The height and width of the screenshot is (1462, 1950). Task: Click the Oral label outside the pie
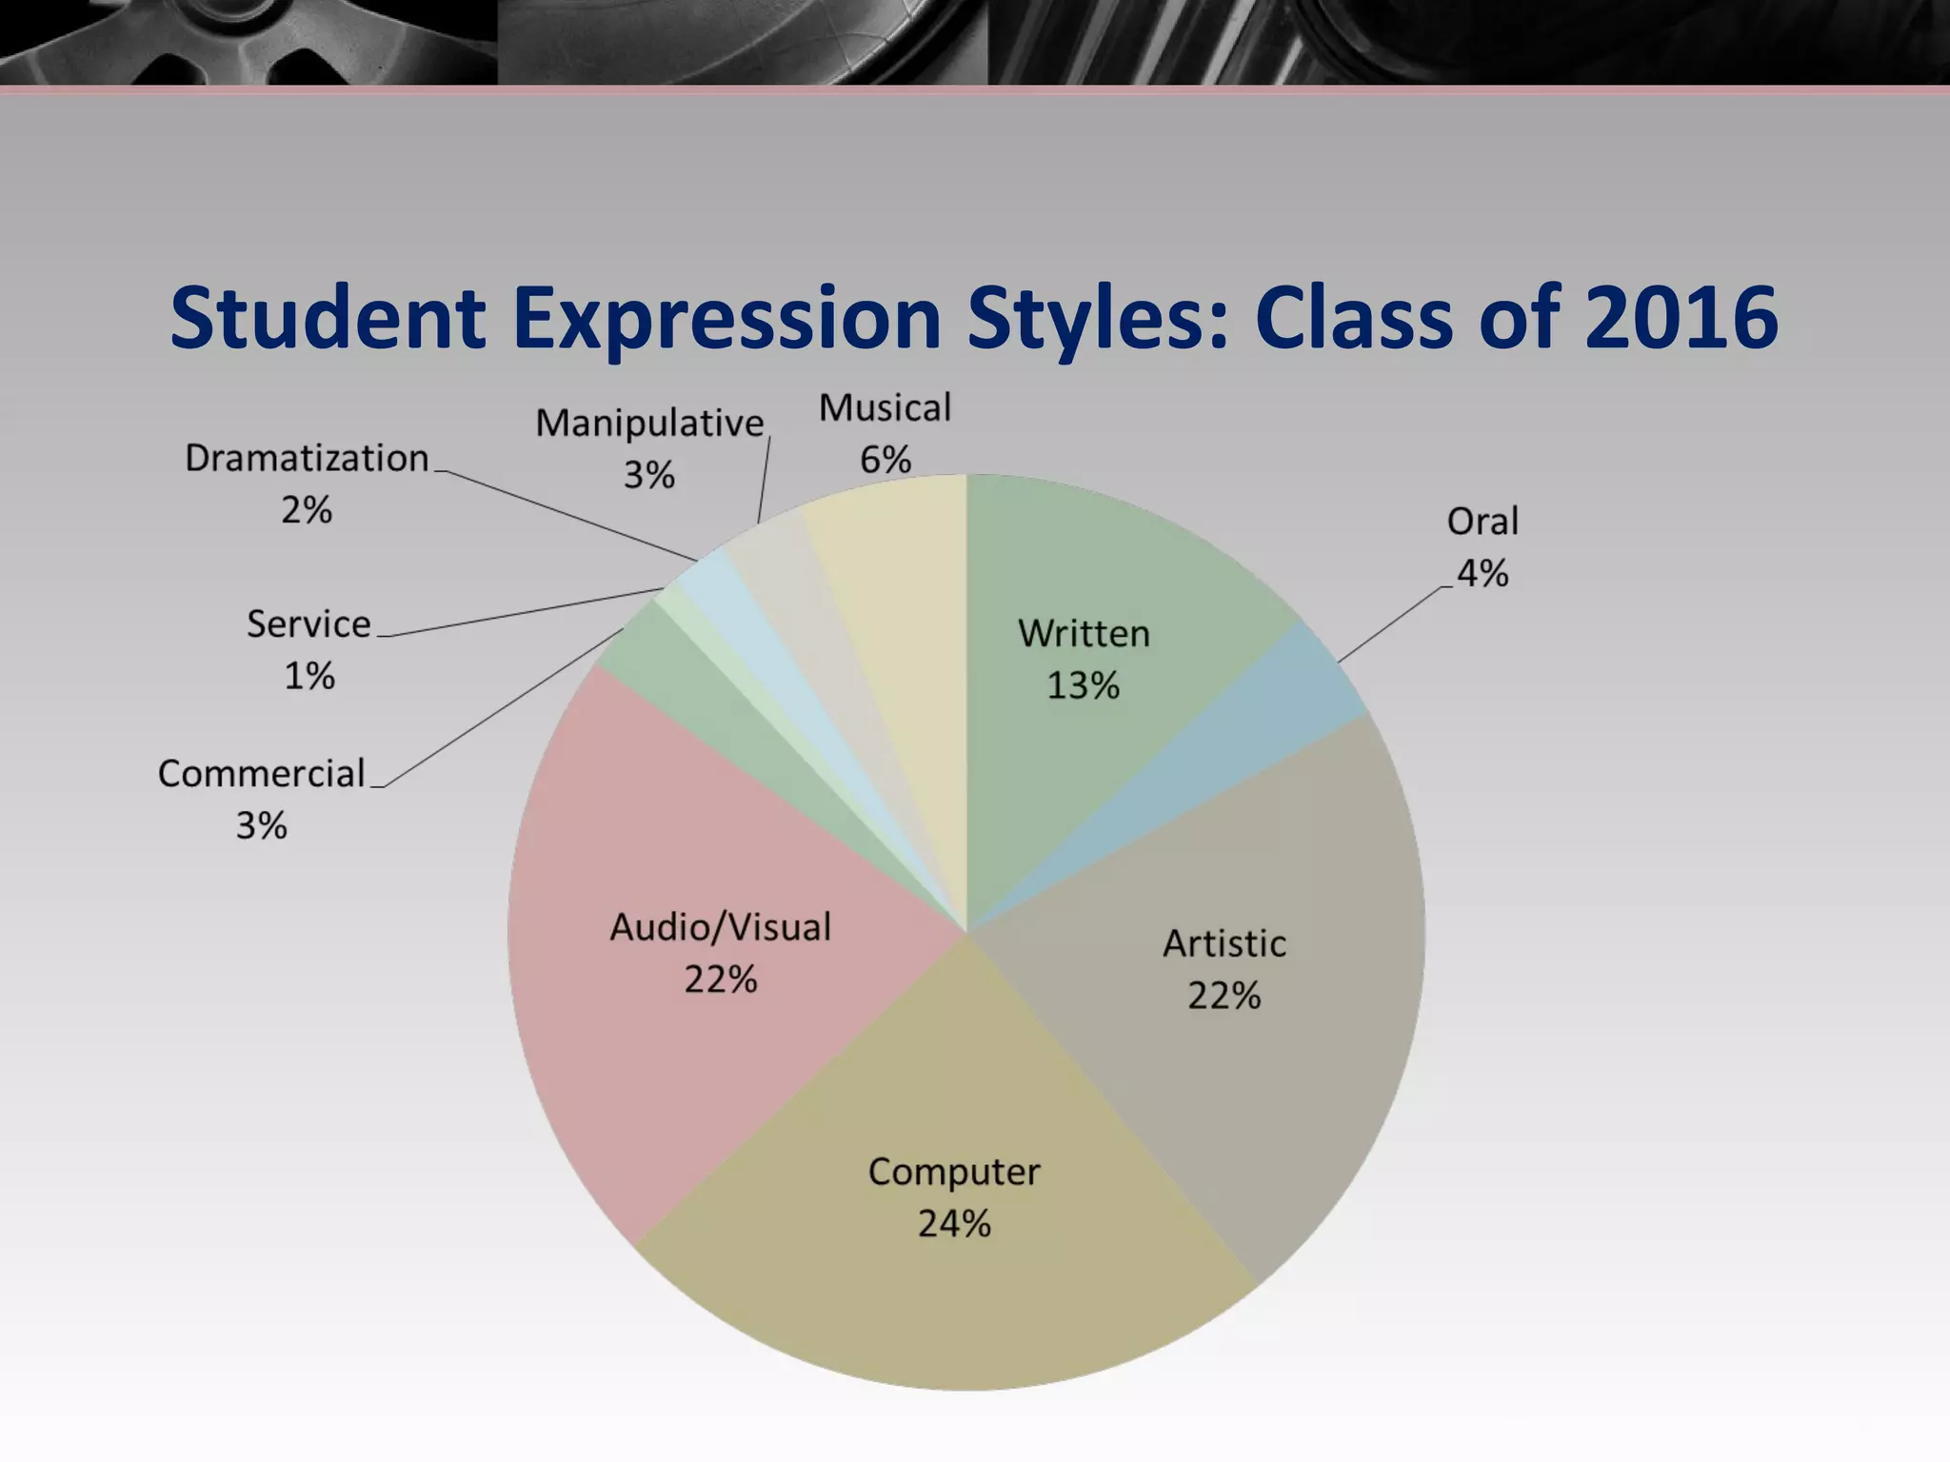pos(1482,522)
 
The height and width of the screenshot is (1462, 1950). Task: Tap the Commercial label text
pos(261,774)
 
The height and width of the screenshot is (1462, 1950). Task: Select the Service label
pos(308,624)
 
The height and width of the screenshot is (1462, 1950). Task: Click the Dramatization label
pos(307,459)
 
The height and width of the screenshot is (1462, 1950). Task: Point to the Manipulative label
pos(649,424)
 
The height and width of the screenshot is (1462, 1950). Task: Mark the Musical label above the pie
pos(885,408)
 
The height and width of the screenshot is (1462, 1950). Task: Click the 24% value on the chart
pos(954,1224)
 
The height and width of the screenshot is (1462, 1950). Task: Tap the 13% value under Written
pos(1083,685)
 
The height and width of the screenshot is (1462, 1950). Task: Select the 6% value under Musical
pos(885,461)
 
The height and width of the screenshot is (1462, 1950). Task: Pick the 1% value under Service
pos(308,677)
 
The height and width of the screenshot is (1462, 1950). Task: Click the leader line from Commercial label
pos(495,709)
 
